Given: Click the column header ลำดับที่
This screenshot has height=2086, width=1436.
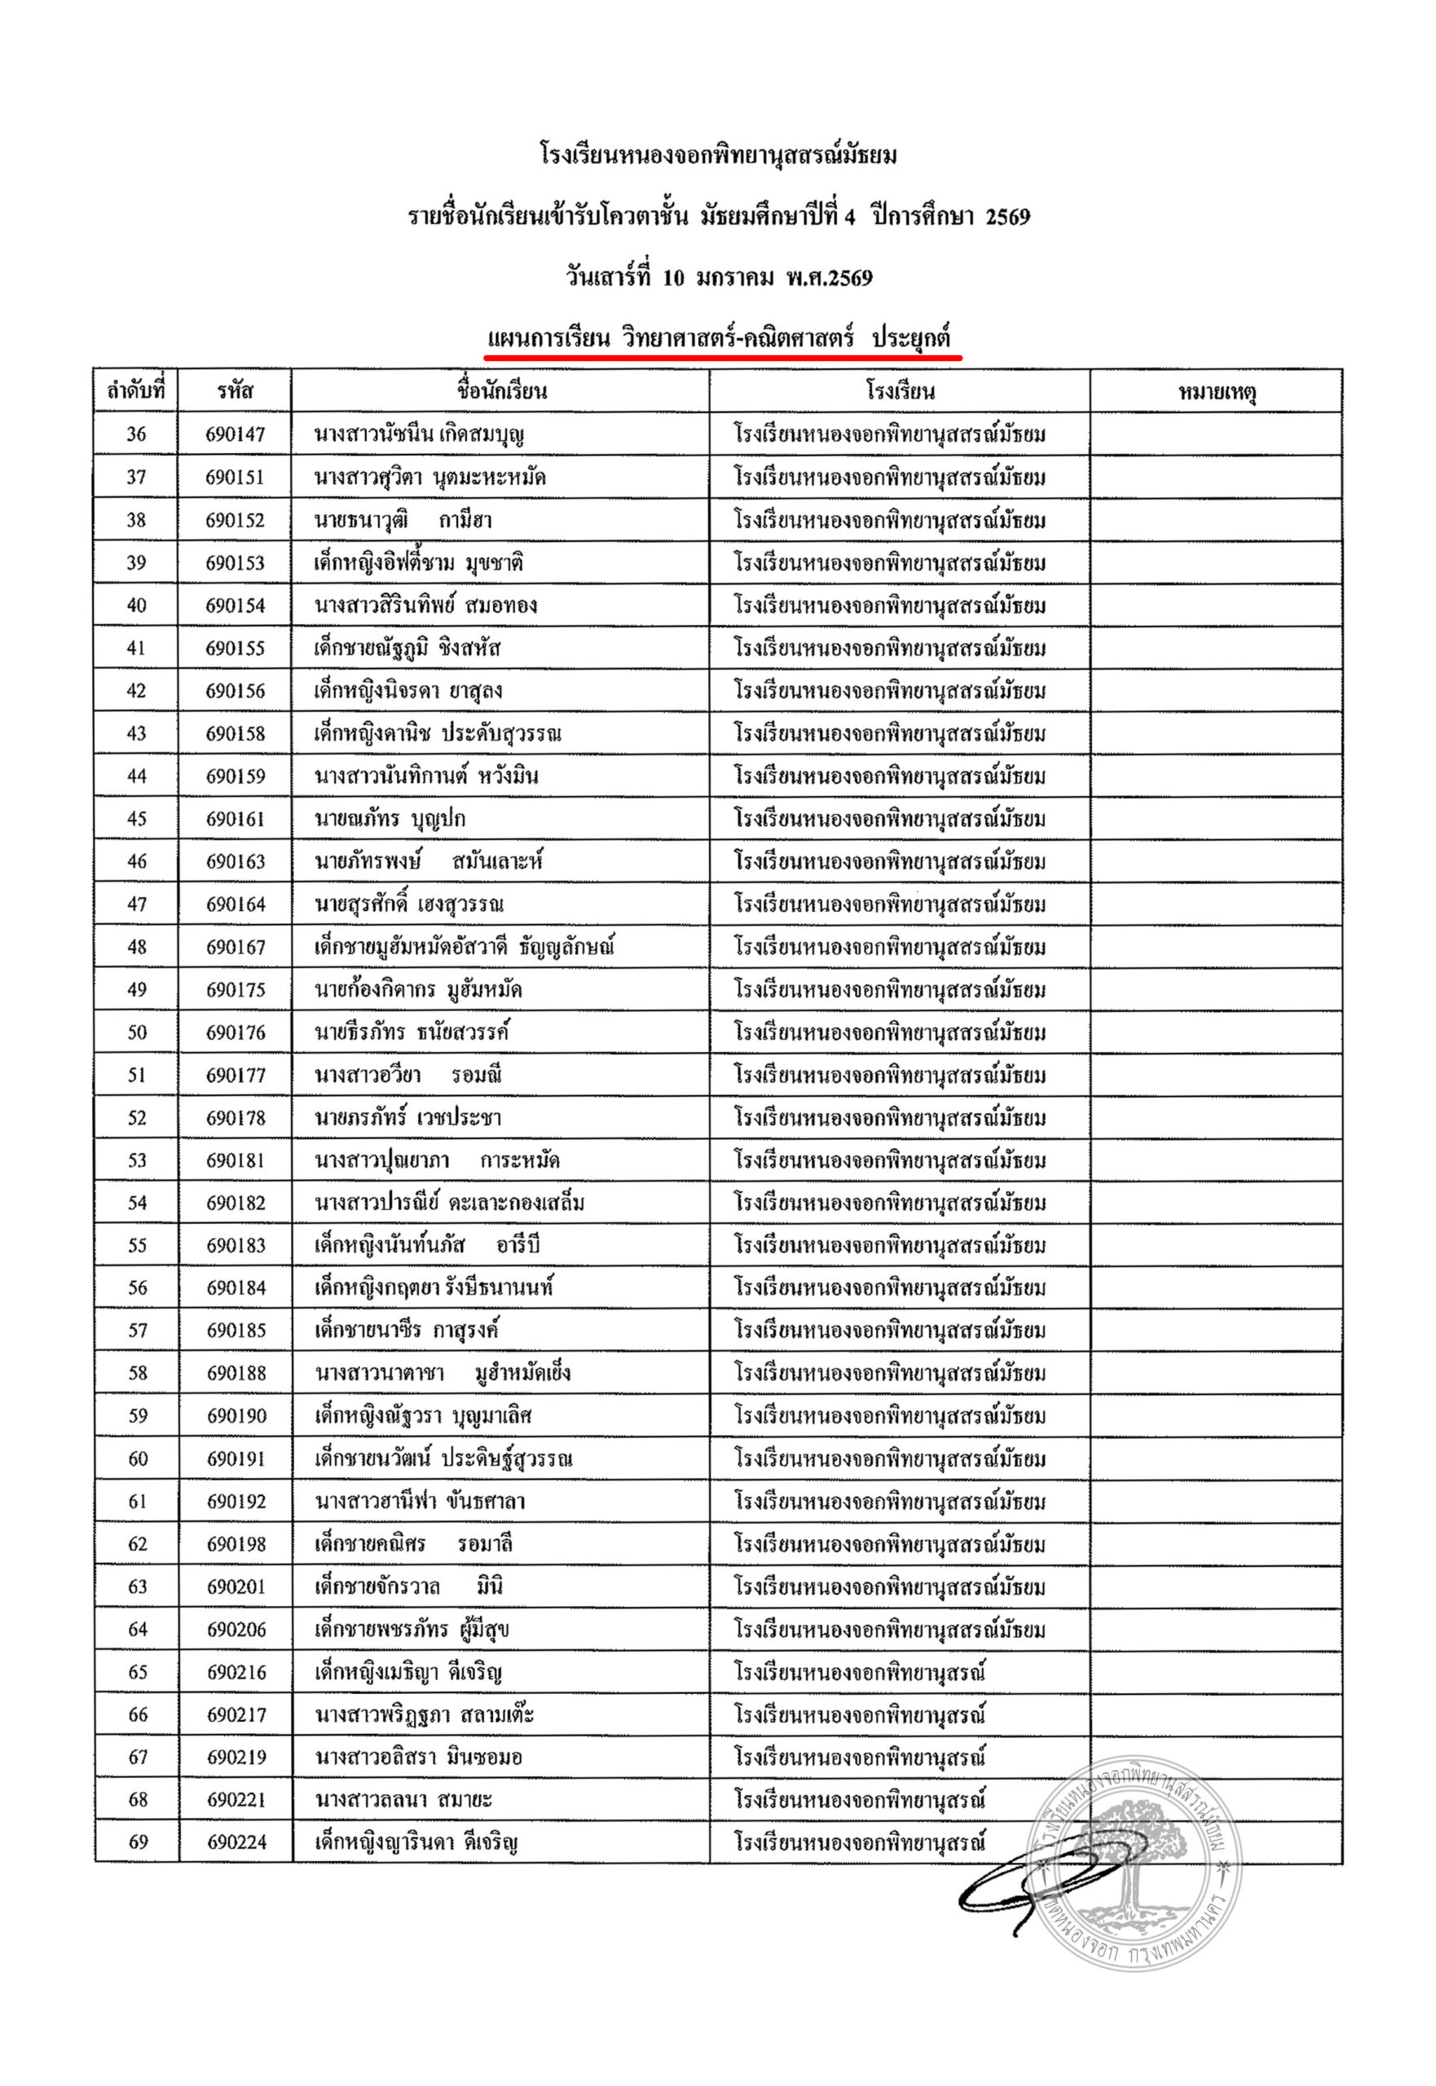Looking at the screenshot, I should tap(136, 391).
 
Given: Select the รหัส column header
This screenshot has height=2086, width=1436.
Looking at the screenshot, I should tap(235, 391).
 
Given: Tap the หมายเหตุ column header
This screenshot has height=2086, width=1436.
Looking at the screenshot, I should tap(1217, 392).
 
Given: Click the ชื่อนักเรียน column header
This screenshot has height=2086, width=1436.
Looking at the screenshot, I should tap(501, 391).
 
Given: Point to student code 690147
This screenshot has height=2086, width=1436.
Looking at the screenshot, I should tap(235, 434).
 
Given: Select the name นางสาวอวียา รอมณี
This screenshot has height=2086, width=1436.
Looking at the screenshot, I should tap(408, 1076).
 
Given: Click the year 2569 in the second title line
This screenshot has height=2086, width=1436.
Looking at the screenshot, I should tap(1007, 217).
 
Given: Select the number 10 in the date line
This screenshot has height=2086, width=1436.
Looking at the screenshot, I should tap(673, 278).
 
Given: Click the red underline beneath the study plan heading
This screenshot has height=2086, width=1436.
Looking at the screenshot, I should tap(723, 357).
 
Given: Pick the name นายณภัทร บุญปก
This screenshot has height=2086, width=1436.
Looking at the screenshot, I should tap(390, 820).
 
